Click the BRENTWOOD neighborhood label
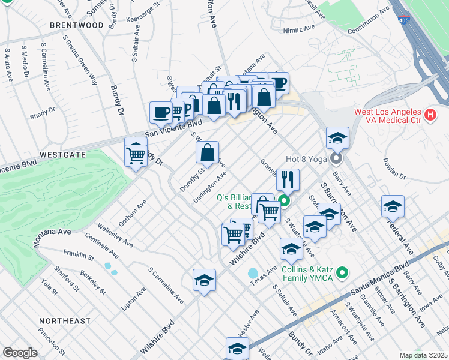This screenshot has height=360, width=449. coord(77,25)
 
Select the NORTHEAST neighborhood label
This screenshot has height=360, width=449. coord(62,321)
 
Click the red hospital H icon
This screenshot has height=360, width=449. coord(430,114)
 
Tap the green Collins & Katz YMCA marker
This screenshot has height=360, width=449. coord(343,274)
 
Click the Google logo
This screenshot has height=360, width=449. coord(20,352)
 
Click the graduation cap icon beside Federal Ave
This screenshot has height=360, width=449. coord(393,206)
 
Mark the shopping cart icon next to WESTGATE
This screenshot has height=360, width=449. coord(136,155)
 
